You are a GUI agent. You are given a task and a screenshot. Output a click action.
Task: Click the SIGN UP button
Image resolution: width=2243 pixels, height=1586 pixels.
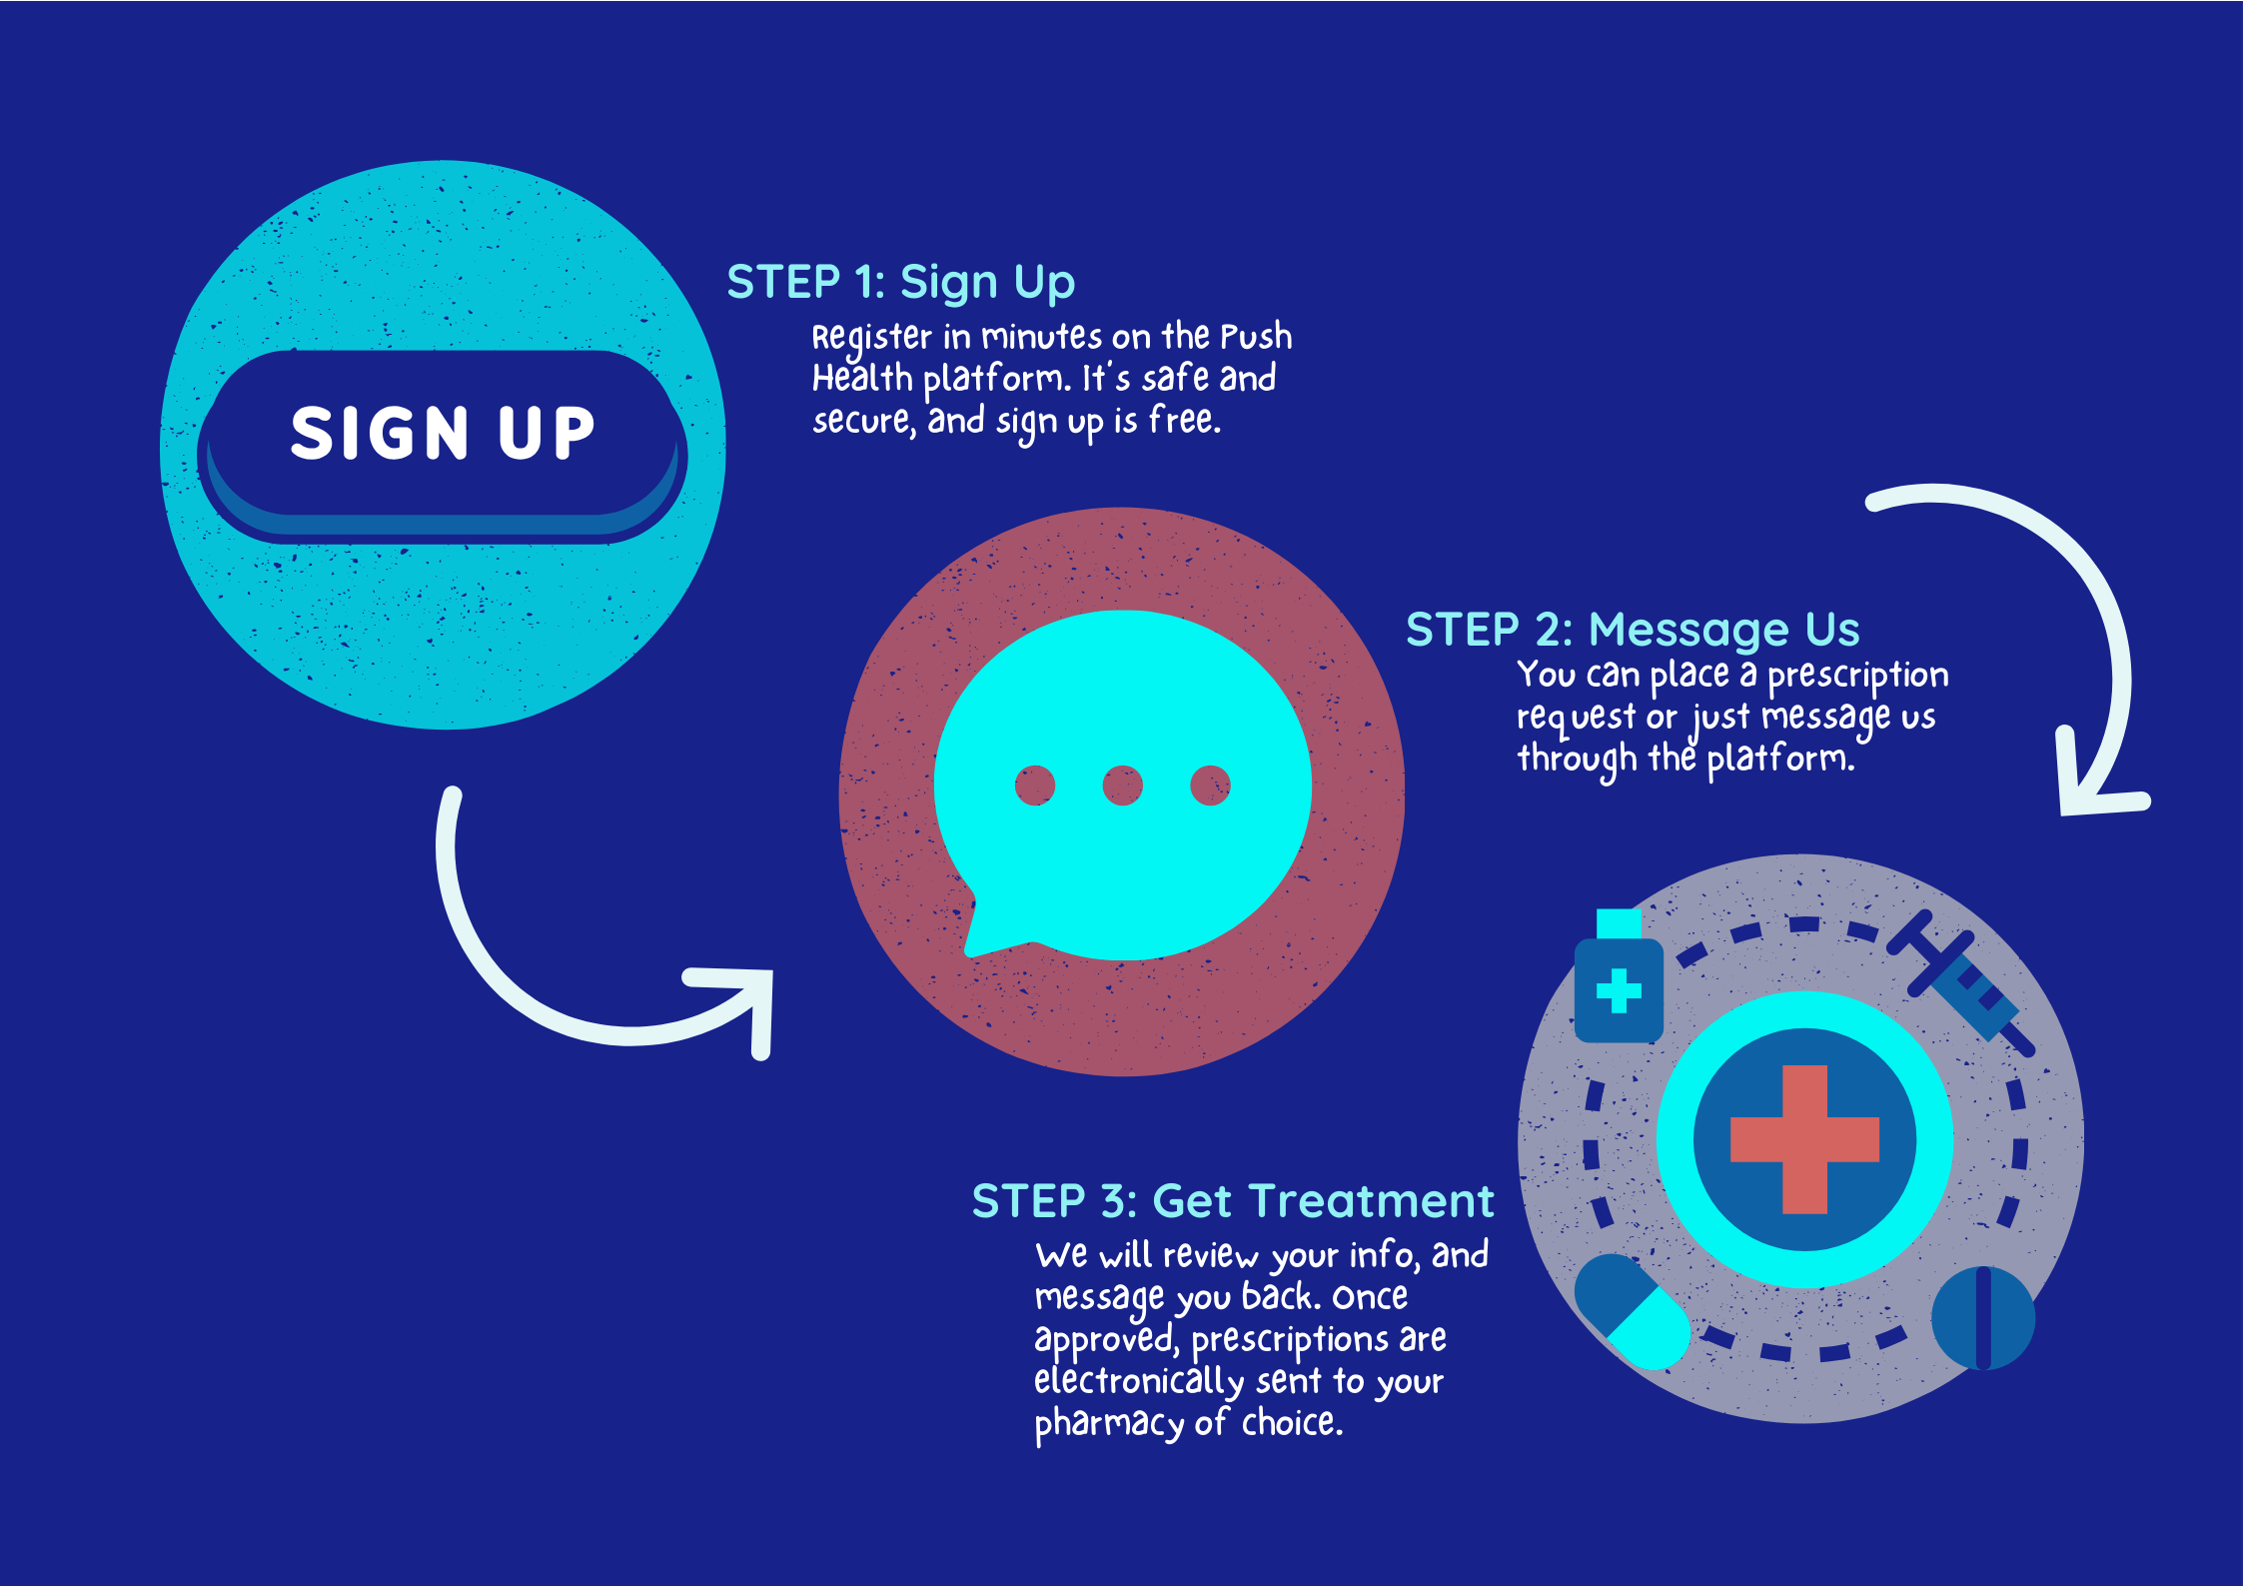(443, 434)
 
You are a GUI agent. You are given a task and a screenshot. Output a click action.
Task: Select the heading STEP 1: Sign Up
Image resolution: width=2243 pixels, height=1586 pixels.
(900, 283)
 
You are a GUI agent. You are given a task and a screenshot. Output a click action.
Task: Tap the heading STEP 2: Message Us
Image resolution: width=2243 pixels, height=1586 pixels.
(1632, 631)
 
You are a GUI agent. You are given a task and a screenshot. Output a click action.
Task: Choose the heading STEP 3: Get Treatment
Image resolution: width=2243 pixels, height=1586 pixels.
(1232, 1201)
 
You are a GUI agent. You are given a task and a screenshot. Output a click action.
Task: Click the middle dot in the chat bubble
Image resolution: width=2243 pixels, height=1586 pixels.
(1122, 786)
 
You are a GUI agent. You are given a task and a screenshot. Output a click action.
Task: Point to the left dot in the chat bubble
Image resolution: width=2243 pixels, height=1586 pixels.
(1034, 786)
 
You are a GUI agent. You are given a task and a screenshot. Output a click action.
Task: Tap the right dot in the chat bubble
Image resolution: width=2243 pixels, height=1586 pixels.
(1210, 786)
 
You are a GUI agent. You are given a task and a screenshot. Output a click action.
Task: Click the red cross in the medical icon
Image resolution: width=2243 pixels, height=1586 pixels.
(1804, 1139)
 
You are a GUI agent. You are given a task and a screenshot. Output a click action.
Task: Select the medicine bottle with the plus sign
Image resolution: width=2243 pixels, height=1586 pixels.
(1619, 984)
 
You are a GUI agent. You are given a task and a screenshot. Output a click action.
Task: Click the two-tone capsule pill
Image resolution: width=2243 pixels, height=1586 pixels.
(1632, 1311)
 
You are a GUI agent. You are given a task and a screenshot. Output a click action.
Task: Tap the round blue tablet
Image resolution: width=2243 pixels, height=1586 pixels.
(1983, 1318)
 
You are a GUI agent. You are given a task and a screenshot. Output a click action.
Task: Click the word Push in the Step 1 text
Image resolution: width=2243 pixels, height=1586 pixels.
(1256, 337)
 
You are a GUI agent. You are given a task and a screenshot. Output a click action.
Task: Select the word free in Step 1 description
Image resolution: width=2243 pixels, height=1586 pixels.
(1184, 421)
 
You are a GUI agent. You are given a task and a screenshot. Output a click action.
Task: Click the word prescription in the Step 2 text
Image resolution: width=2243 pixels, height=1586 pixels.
(1857, 676)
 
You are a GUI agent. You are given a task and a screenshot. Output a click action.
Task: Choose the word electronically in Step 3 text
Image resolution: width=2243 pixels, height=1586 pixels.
(1138, 1381)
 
